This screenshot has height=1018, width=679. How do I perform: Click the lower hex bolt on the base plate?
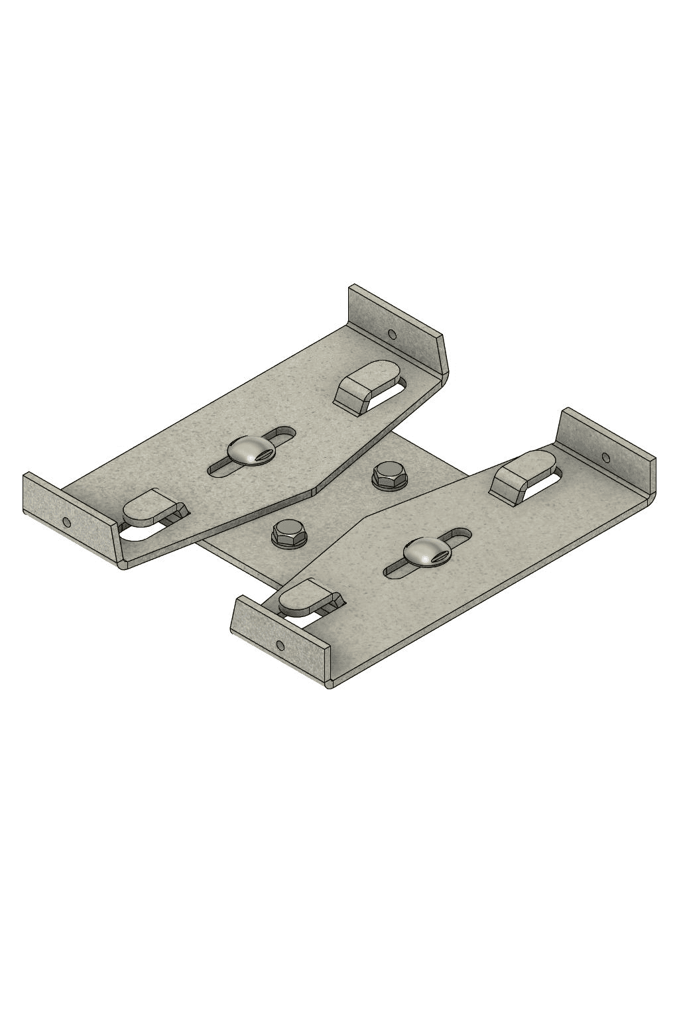(x=289, y=532)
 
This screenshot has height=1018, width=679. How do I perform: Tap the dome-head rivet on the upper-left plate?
(x=246, y=451)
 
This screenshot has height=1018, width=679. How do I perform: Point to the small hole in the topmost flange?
(x=392, y=333)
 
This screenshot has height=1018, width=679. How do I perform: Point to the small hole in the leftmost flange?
(x=66, y=522)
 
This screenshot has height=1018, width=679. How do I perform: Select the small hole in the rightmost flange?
(x=605, y=457)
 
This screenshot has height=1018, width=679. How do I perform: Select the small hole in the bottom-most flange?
(x=280, y=645)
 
